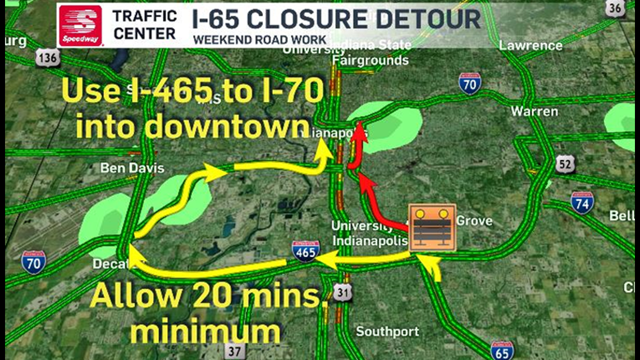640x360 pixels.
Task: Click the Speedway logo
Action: pyautogui.click(x=80, y=26)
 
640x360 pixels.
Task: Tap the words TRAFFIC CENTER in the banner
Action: pyautogui.click(x=144, y=25)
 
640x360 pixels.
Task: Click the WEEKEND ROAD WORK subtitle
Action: pyautogui.click(x=259, y=39)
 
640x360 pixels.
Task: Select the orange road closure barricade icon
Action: pyautogui.click(x=432, y=227)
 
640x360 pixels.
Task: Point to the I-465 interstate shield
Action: pyautogui.click(x=305, y=252)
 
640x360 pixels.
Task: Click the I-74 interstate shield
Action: pyautogui.click(x=582, y=202)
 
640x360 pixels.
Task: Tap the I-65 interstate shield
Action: pyautogui.click(x=501, y=350)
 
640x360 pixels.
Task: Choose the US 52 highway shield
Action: pyautogui.click(x=565, y=163)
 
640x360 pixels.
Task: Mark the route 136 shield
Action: pyautogui.click(x=47, y=57)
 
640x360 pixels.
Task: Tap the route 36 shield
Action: pyautogui.click(x=616, y=8)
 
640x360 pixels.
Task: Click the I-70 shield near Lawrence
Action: pyautogui.click(x=469, y=83)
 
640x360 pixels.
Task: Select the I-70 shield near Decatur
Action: pyautogui.click(x=34, y=262)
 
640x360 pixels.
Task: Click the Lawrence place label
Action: pyautogui.click(x=531, y=45)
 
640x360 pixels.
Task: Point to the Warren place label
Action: pyautogui.click(x=534, y=111)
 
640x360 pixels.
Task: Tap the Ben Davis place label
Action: pyautogui.click(x=132, y=168)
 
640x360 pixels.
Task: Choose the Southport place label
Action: pyautogui.click(x=388, y=331)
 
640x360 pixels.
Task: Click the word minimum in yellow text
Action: pyautogui.click(x=205, y=332)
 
